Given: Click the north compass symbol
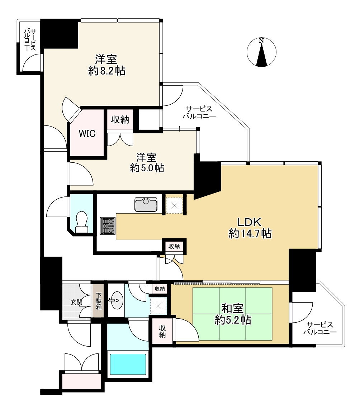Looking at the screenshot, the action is pos(261,52).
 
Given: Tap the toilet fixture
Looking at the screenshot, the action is pos(82,222).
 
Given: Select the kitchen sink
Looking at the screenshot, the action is pos(146,205).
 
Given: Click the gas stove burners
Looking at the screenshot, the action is pos(108,226).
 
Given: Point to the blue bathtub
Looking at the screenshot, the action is pos(128,364).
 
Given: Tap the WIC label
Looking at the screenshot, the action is pos(87,134).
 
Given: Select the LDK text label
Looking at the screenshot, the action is pos(249,222).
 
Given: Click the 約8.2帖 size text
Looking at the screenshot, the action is pos(107,71).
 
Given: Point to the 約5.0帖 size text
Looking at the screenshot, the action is pos(147,168).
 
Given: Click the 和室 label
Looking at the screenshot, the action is pos(232,308).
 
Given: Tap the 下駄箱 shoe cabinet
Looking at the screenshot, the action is pos(98,301).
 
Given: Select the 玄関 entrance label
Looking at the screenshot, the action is pos(77,302).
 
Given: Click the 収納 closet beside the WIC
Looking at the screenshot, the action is pos(120,120).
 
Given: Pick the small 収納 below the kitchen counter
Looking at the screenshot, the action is pos(174,247).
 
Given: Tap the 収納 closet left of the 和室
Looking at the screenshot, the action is pos(162,331).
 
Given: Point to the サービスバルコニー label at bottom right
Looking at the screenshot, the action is pos(320,328).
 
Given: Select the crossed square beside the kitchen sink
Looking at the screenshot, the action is pos(174,205).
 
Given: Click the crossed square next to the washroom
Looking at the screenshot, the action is pos(158,306).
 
